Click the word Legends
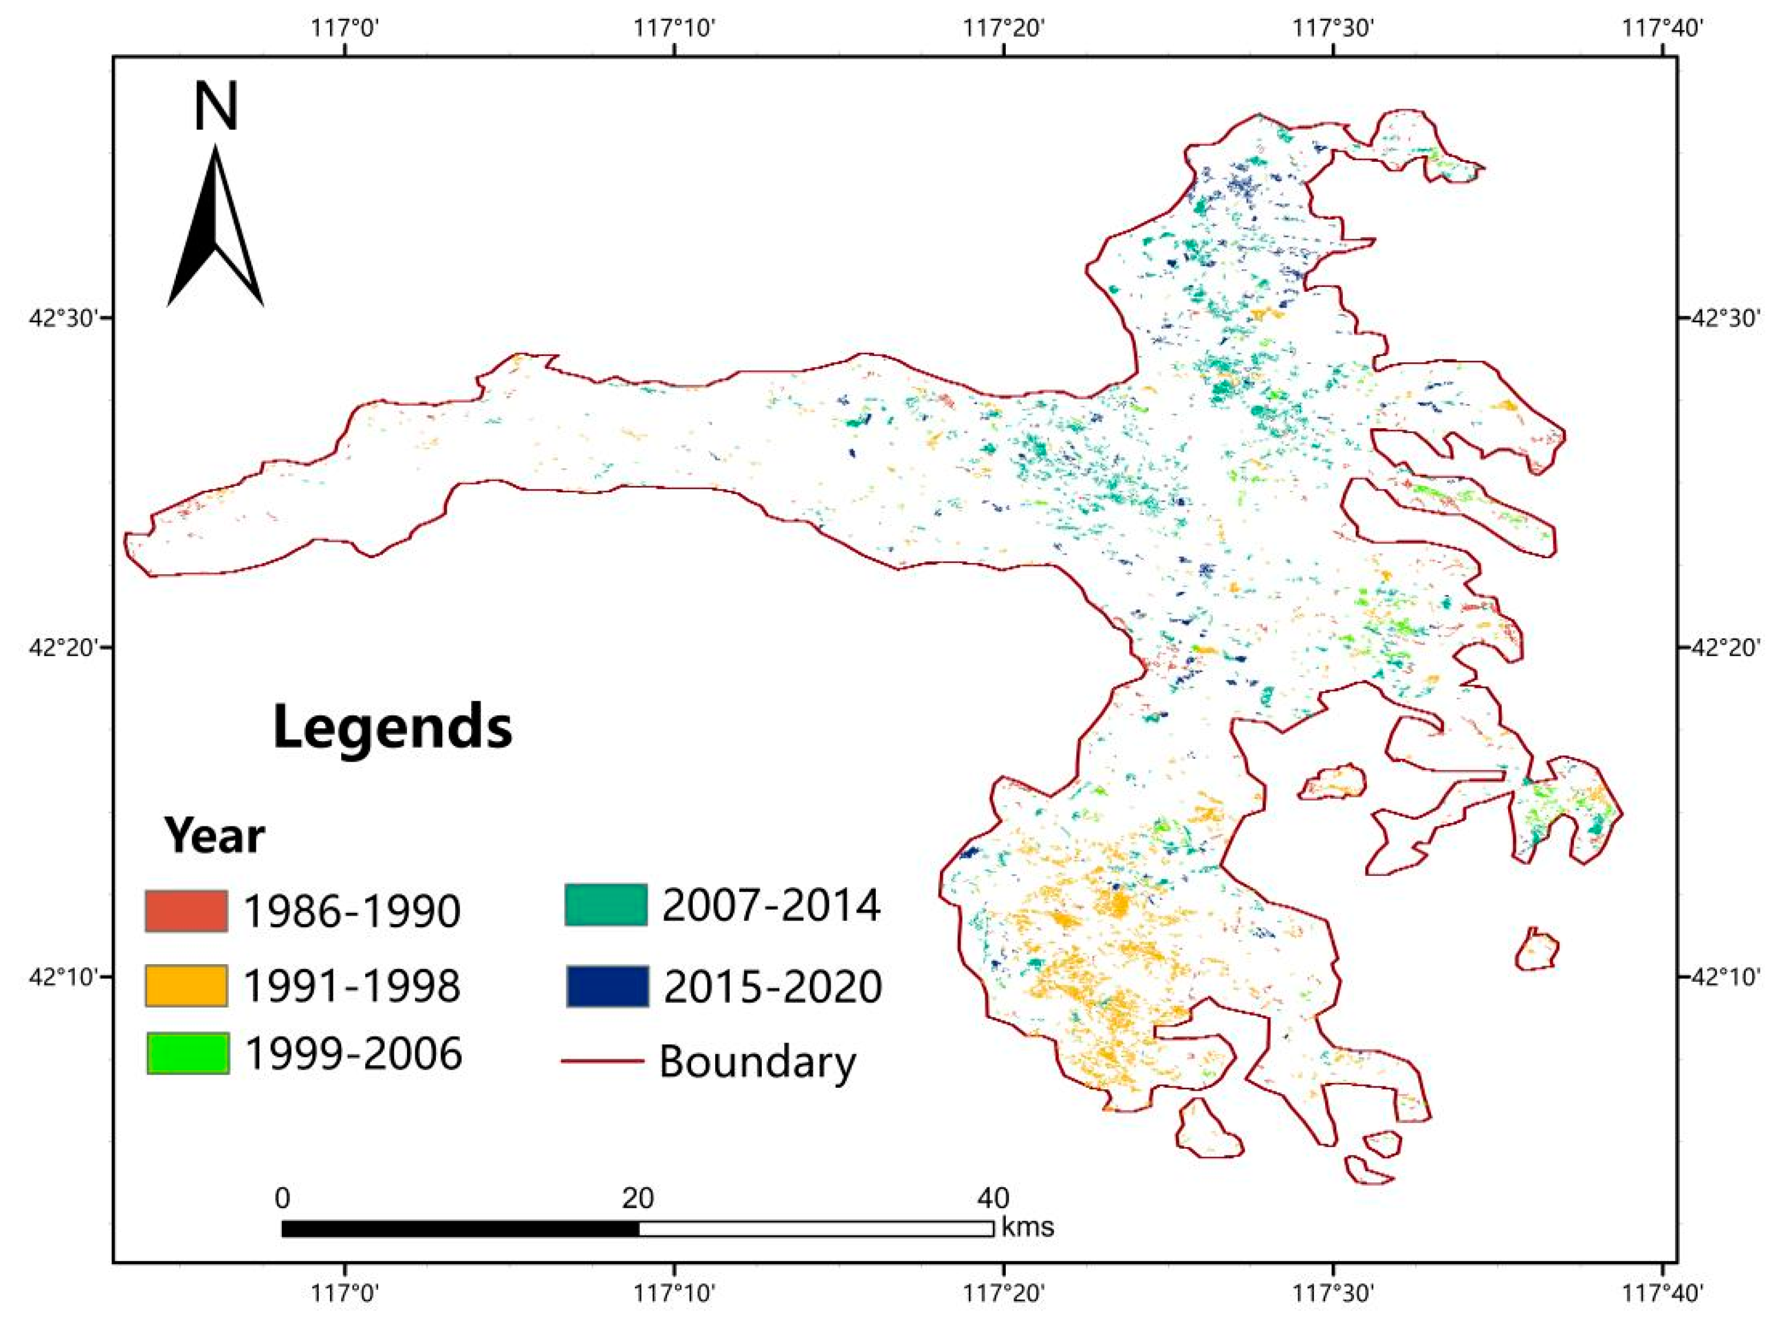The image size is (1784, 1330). click(392, 727)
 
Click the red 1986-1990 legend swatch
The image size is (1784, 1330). click(186, 911)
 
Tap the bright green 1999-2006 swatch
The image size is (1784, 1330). click(188, 1053)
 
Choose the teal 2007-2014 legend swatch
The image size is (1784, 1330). click(605, 905)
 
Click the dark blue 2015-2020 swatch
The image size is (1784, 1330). click(607, 985)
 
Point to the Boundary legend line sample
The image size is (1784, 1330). click(602, 1061)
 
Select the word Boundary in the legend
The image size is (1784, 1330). click(757, 1062)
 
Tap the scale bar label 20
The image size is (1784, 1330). click(637, 1199)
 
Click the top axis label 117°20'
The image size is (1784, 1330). click(1004, 29)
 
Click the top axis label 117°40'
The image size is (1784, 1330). click(1662, 29)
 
